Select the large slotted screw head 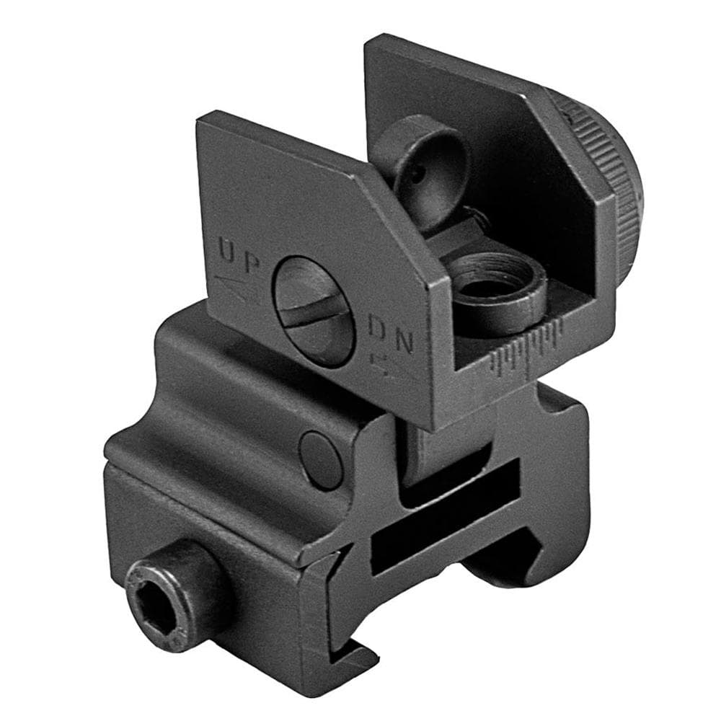point(313,311)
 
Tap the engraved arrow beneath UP point(236,288)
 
